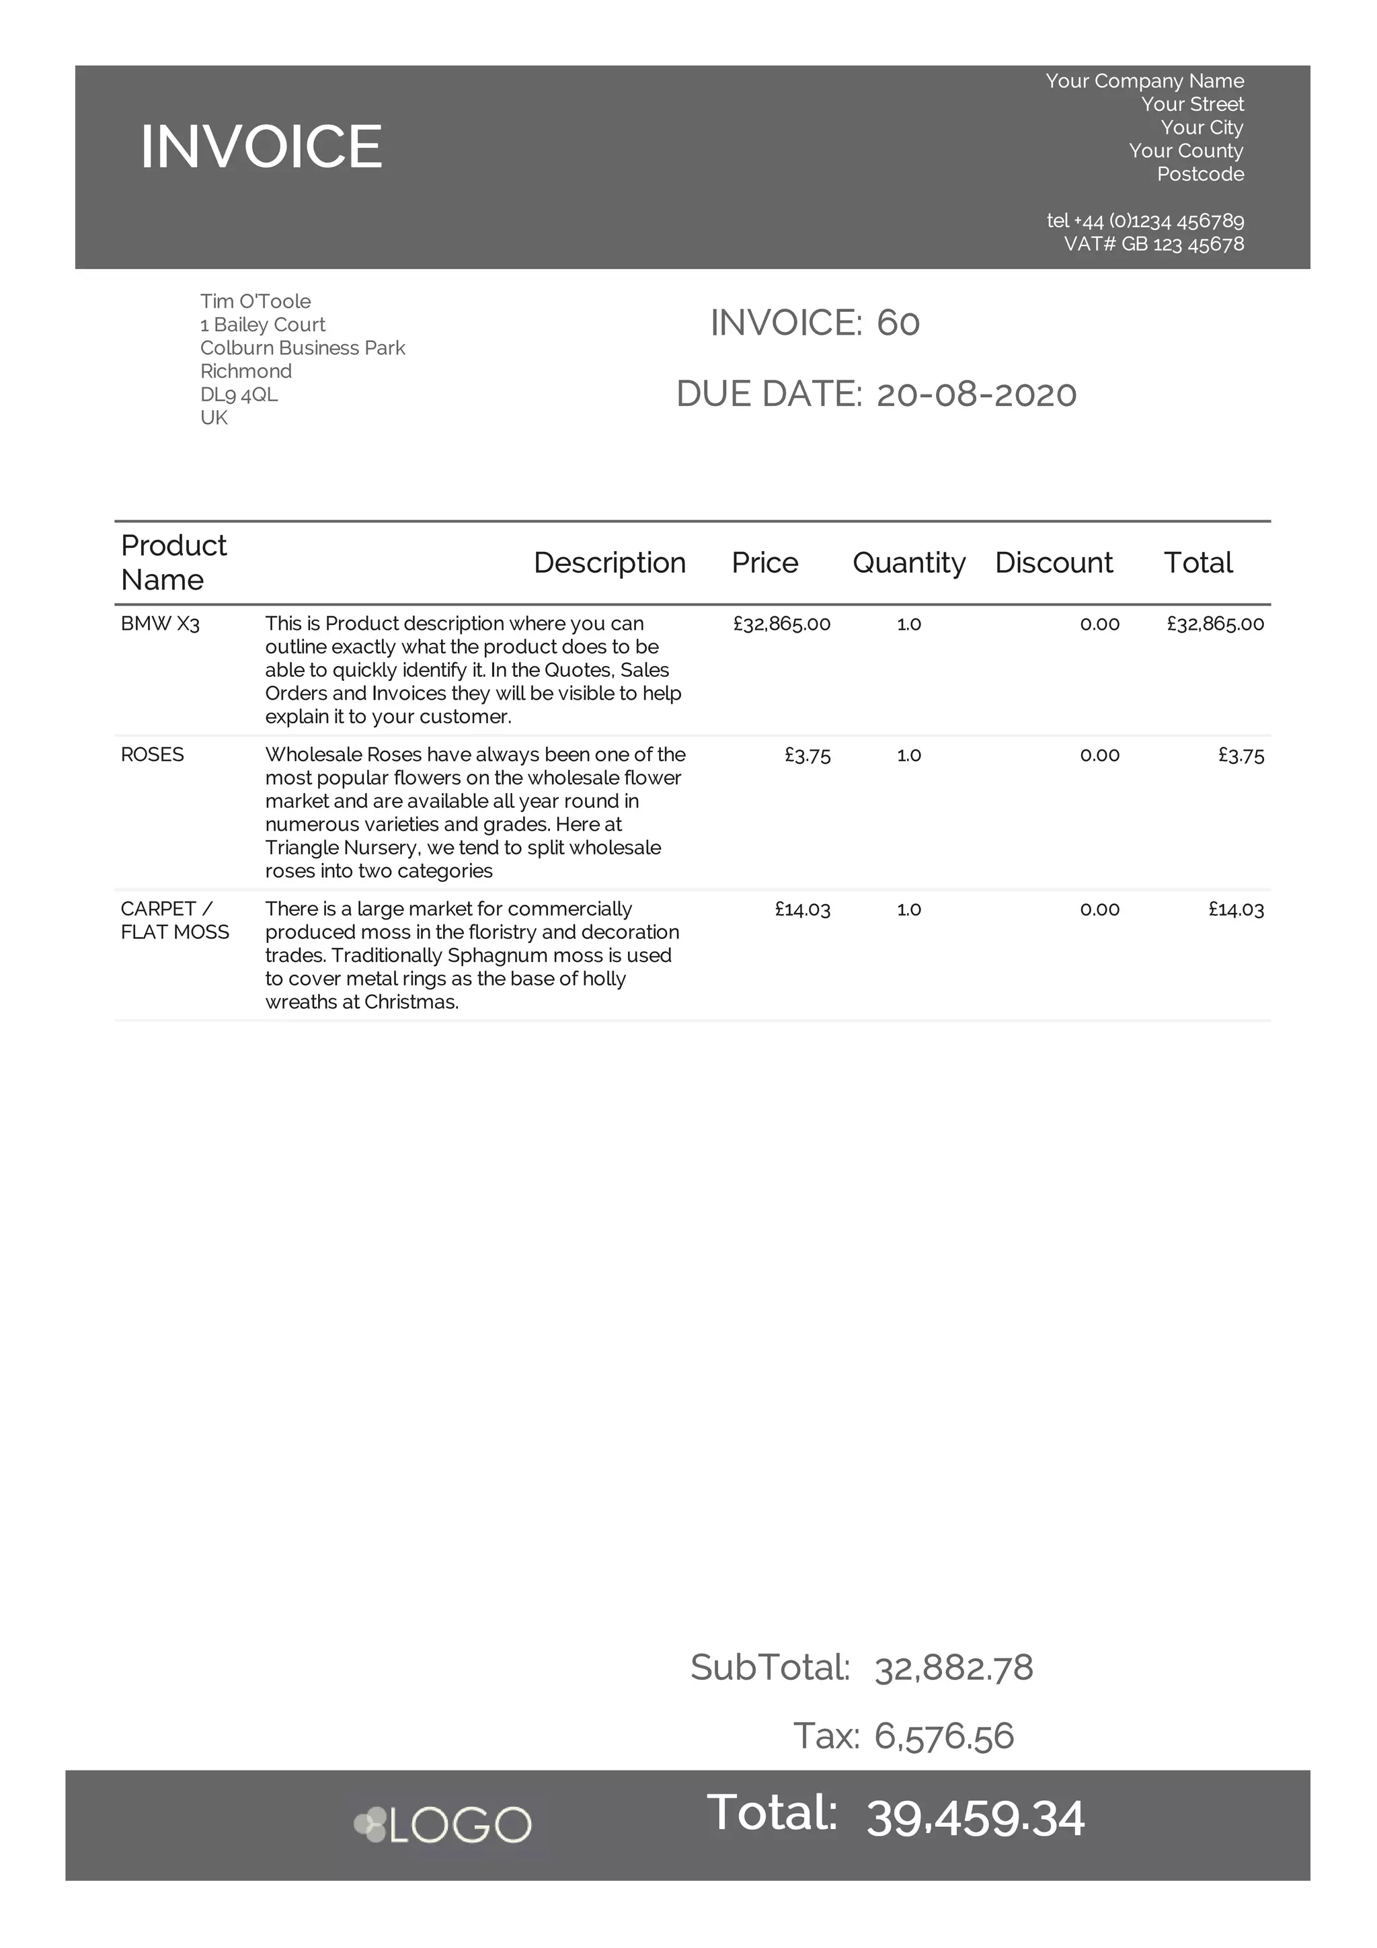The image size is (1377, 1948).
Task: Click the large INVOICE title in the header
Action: (262, 146)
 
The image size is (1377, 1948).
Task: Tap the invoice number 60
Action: (898, 323)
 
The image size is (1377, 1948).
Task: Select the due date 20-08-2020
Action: (976, 395)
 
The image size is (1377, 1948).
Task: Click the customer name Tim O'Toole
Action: (255, 301)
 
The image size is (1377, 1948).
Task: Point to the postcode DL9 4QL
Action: (239, 395)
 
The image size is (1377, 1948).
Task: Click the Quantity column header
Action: (908, 563)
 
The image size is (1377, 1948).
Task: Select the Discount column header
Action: (1053, 563)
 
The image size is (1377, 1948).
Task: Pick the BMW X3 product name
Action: (160, 624)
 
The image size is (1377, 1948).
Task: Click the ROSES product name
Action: (152, 755)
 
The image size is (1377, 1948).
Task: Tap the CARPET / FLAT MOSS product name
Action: (174, 920)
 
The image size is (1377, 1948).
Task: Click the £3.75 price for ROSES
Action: (807, 755)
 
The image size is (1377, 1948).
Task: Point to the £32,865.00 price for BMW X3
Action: (781, 624)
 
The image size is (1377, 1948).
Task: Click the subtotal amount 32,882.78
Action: (953, 1667)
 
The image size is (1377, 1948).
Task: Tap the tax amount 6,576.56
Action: (943, 1736)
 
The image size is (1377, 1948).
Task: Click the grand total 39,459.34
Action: (975, 1818)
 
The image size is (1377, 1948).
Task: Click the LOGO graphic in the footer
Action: (443, 1825)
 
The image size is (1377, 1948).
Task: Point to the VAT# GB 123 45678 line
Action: (1153, 245)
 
